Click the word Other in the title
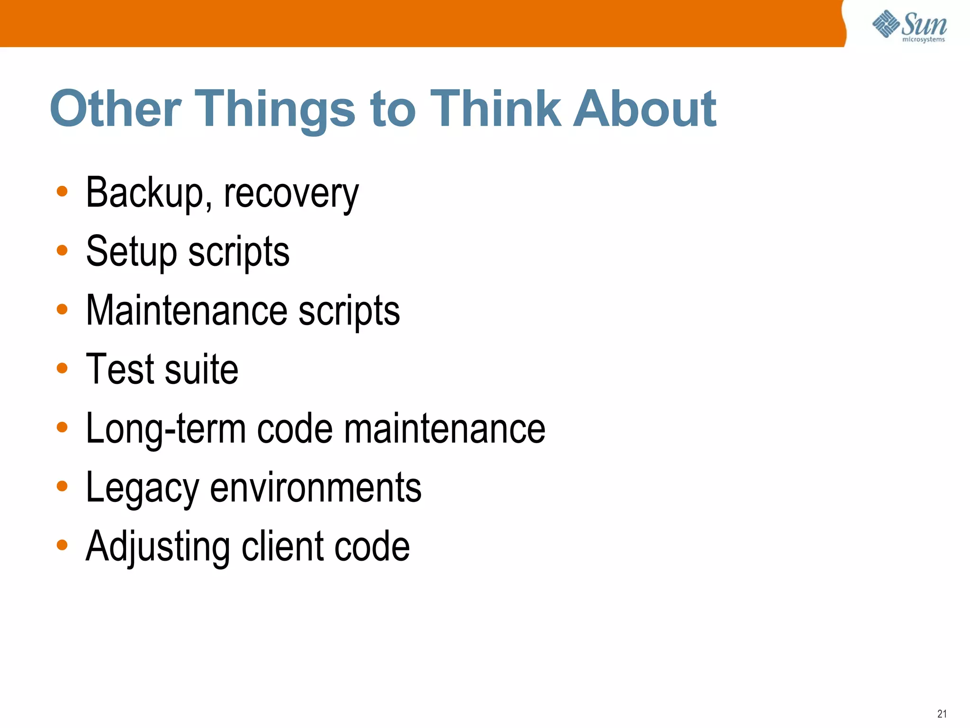[115, 109]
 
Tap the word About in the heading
[645, 109]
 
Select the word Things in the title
[275, 110]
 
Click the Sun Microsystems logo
[909, 27]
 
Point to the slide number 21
[942, 714]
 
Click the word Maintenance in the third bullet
[187, 310]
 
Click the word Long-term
[165, 429]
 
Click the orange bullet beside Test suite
[62, 368]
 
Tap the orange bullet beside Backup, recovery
[62, 191]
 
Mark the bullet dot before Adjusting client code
[62, 545]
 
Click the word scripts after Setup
[239, 253]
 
